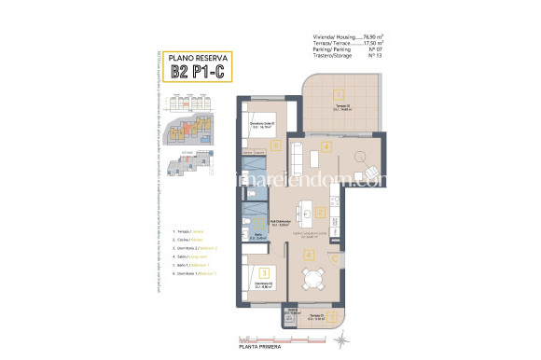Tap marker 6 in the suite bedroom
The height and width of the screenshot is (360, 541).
point(276,145)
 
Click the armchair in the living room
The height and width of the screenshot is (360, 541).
point(372,173)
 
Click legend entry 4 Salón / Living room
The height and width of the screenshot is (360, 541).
point(190,256)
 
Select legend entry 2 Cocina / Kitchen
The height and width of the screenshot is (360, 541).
point(188,239)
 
